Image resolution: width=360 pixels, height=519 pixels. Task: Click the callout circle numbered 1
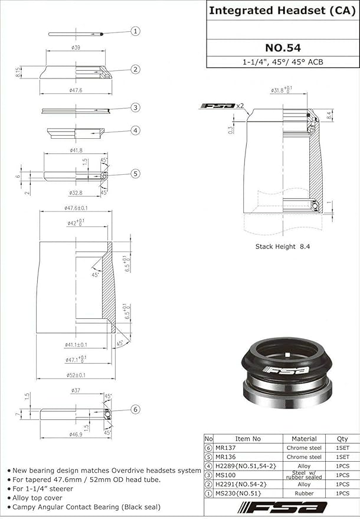(x=135, y=31)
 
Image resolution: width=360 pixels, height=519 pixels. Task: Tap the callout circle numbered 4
(x=135, y=130)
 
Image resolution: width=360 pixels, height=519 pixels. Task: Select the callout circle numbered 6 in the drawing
(x=135, y=409)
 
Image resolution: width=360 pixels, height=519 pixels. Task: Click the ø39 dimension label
(x=76, y=47)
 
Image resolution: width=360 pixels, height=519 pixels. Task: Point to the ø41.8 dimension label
(x=76, y=151)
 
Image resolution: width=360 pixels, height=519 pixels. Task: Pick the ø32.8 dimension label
(x=76, y=192)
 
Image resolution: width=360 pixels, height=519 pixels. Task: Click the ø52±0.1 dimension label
(x=76, y=375)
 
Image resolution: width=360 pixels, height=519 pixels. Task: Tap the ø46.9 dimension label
(x=76, y=434)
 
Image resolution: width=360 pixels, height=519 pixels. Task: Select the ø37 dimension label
(x=76, y=390)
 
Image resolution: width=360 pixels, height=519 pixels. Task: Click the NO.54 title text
(x=283, y=48)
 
